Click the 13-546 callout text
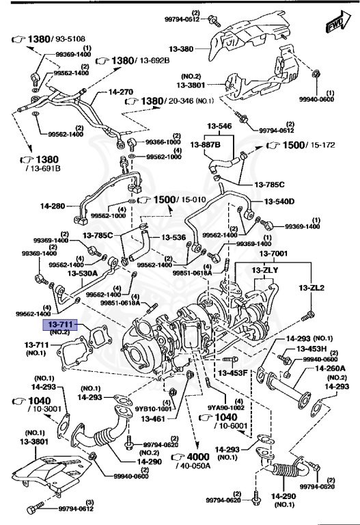point(221,126)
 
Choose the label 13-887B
point(211,145)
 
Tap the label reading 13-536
point(174,238)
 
